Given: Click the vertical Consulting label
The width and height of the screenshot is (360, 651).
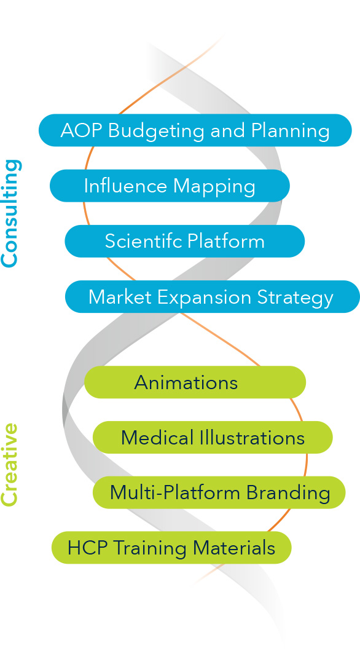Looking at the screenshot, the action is pos(10,213).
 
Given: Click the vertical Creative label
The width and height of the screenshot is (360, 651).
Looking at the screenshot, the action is pos(10,465).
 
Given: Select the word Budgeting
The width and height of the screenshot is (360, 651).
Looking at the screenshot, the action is pos(157,132).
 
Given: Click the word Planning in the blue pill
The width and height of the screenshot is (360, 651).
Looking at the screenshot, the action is pos(291,132).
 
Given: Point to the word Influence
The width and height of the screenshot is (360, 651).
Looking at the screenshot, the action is pos(125,186).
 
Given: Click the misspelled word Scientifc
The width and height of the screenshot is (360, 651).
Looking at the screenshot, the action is pos(144,241).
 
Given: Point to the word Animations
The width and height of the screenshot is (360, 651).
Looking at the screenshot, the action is pos(186,382).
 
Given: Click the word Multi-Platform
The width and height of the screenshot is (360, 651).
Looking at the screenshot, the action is pos(175,493).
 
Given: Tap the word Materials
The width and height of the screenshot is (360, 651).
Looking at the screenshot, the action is pos(234,548).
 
